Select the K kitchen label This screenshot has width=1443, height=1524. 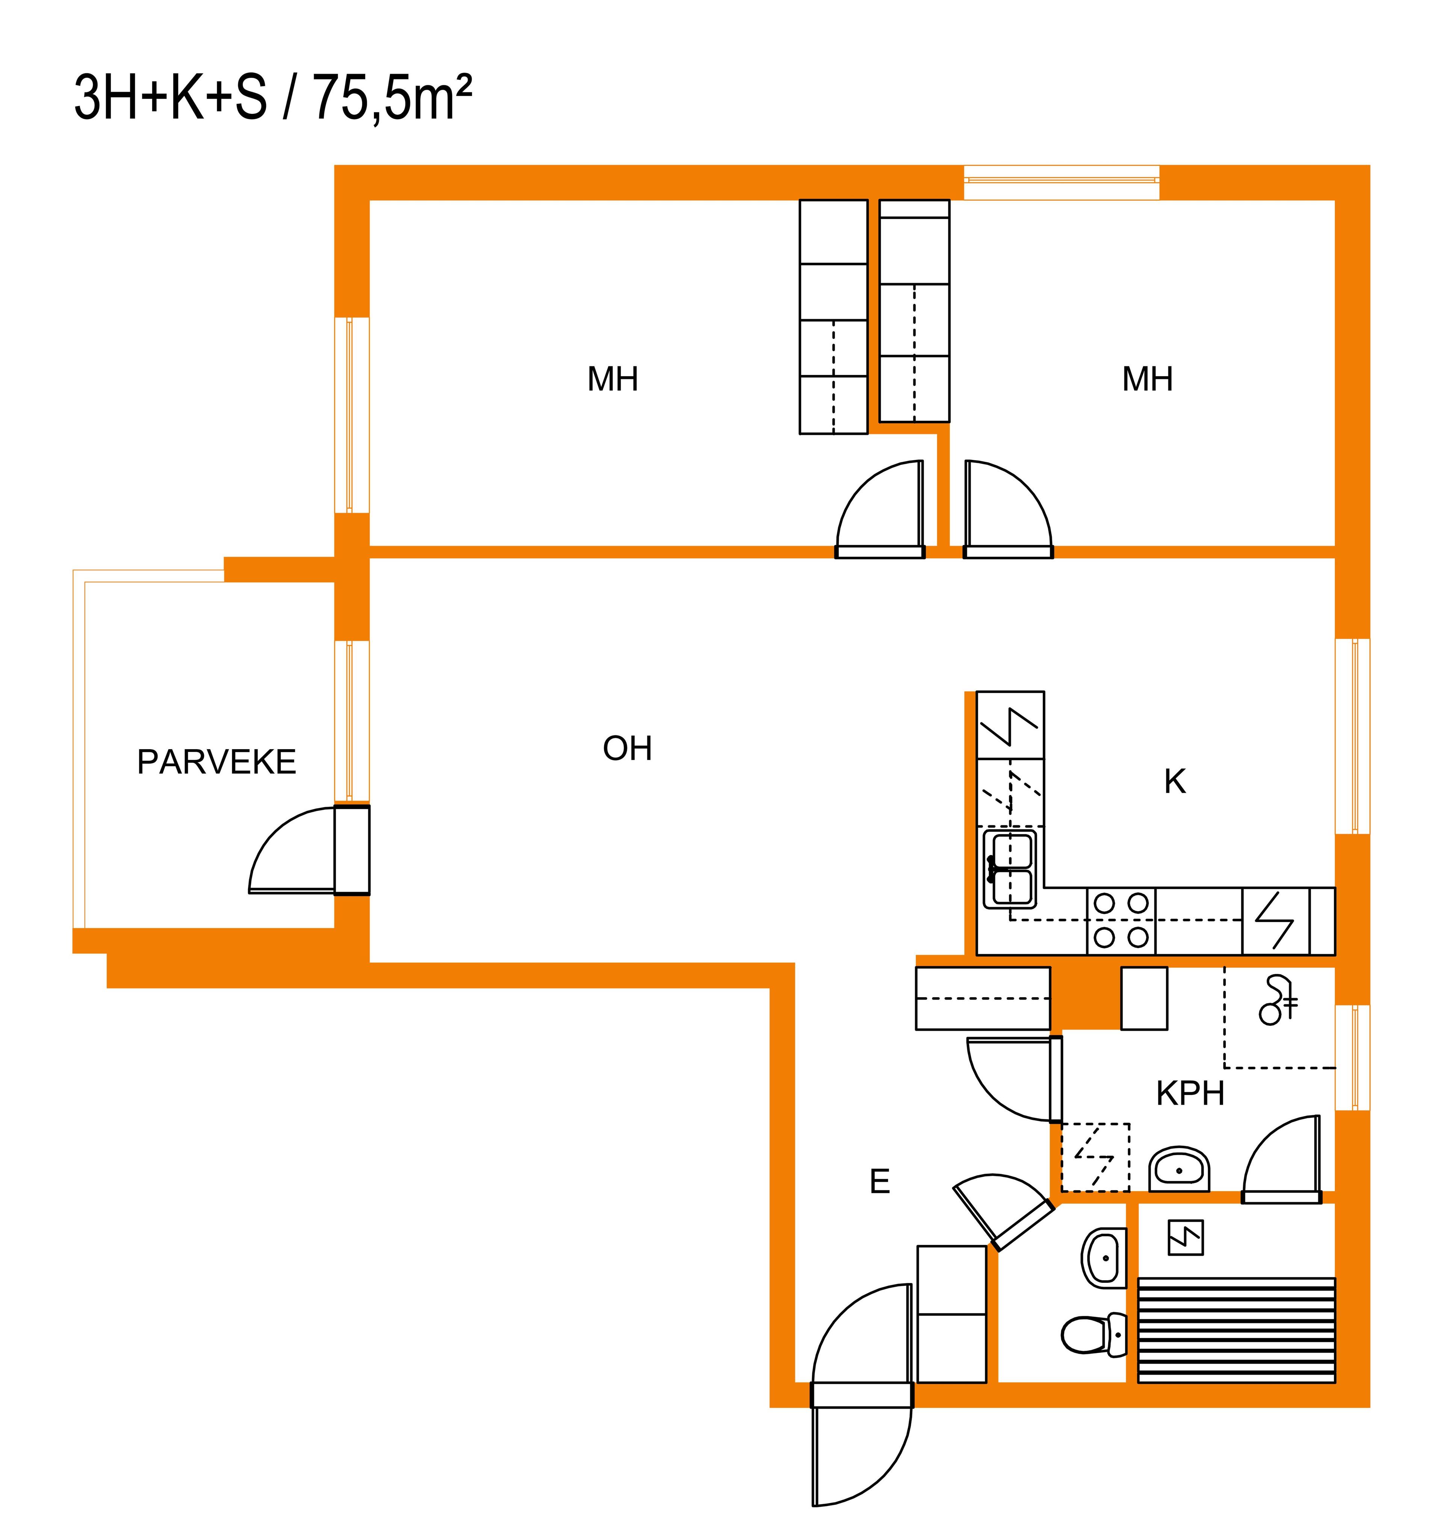(x=1175, y=781)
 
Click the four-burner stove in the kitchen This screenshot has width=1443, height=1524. (x=1121, y=921)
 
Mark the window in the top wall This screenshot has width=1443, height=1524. (x=1062, y=182)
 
